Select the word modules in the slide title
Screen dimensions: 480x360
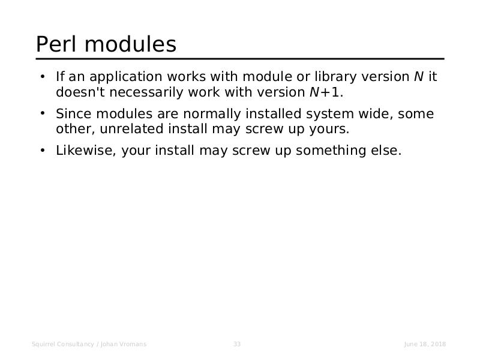tap(130, 44)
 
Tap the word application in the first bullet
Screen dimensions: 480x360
tap(126, 77)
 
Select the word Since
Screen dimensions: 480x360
tap(74, 114)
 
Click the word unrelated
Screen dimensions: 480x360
tap(131, 128)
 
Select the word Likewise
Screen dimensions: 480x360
tap(86, 151)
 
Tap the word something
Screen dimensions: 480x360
tap(331, 151)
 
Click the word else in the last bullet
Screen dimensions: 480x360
tap(386, 151)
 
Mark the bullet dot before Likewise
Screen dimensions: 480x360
tap(43, 151)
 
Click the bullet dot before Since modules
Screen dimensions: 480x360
tap(43, 113)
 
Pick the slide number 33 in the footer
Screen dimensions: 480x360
tap(237, 344)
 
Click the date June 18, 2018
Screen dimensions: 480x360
tap(425, 344)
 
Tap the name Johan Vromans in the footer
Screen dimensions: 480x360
tap(124, 344)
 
